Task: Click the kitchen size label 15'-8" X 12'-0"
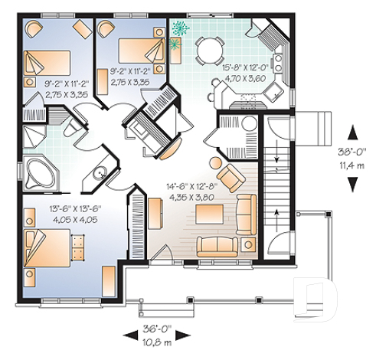click(247, 67)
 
